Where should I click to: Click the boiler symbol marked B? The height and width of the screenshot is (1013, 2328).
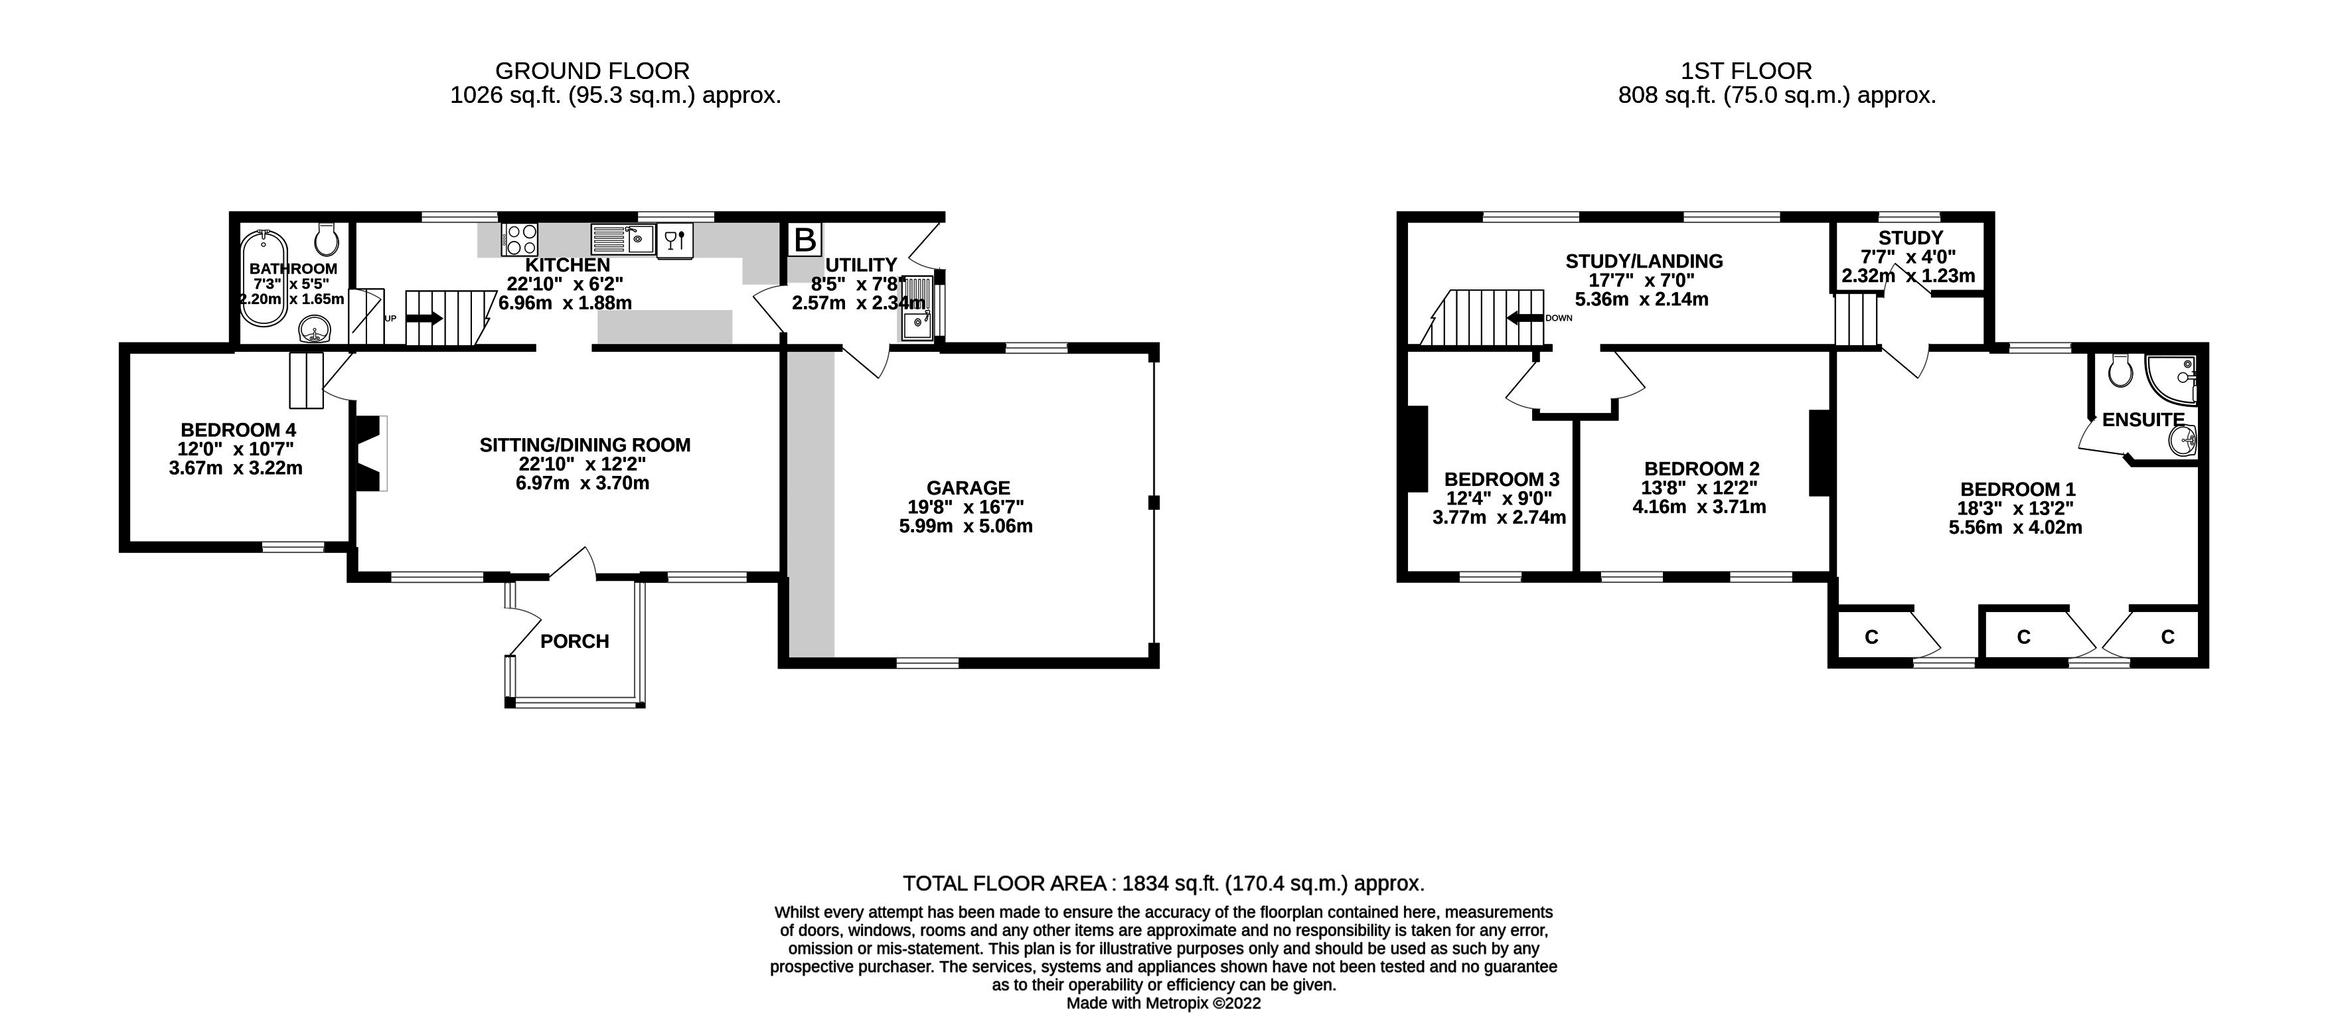pos(805,240)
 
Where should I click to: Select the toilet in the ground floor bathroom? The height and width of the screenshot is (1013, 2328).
pos(327,238)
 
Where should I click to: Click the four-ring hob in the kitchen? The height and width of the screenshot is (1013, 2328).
pos(520,240)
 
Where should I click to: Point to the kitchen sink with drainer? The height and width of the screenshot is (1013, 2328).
pos(623,240)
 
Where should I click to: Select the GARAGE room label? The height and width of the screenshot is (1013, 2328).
pos(968,488)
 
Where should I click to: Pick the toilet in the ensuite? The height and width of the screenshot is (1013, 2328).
pos(2120,368)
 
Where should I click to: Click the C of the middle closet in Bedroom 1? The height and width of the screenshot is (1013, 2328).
pos(2023,638)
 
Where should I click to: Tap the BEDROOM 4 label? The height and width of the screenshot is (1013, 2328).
pos(238,430)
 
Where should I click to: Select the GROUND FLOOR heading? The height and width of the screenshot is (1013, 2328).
pos(592,70)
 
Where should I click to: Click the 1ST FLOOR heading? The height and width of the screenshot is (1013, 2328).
pos(1746,70)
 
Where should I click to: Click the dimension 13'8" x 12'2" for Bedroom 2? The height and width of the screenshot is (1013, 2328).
pos(1699,488)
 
